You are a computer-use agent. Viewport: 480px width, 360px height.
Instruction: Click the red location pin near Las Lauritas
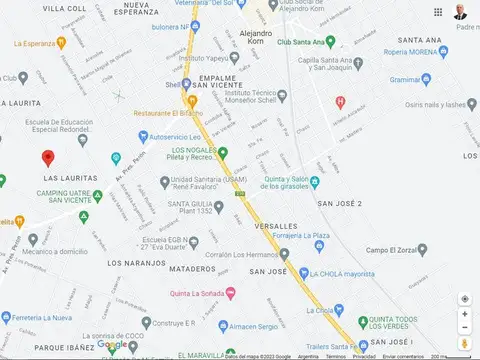47,158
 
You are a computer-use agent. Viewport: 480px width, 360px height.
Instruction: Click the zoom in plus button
465,314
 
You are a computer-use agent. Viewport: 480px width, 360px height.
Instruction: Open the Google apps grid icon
438,12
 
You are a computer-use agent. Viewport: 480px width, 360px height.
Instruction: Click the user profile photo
461,12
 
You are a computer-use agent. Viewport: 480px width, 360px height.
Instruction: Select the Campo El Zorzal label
391,249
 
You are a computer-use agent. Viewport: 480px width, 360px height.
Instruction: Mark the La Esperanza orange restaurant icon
61,43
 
